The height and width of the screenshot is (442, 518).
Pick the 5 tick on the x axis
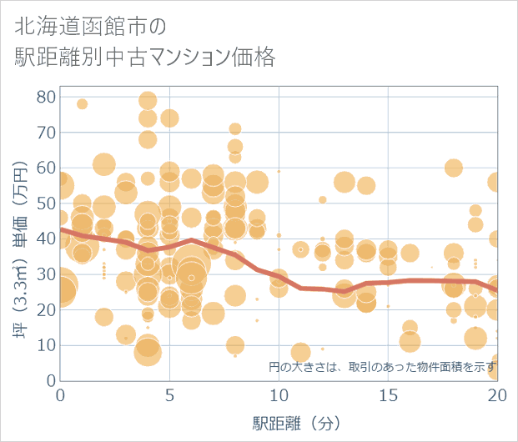coord(169,394)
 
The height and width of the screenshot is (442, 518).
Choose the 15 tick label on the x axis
coord(388,394)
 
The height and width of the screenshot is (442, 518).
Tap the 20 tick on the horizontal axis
coord(496,394)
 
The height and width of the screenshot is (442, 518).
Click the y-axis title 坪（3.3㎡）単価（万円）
coord(20,238)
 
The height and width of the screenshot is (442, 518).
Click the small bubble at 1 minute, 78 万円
coord(82,104)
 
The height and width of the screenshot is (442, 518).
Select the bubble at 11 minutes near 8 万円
coord(300,353)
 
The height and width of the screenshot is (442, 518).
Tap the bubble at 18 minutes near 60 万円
coord(454,168)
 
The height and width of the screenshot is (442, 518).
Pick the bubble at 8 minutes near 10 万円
coord(235,345)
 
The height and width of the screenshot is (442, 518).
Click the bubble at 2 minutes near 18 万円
coord(103,317)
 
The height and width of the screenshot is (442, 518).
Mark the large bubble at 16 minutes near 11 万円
coord(410,342)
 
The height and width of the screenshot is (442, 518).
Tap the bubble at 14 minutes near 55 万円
coord(366,185)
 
